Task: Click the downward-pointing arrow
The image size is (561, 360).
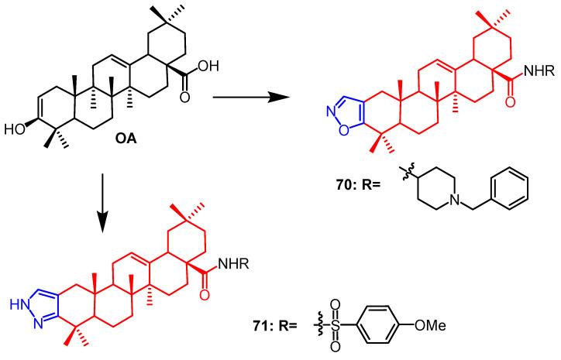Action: coord(102,208)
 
